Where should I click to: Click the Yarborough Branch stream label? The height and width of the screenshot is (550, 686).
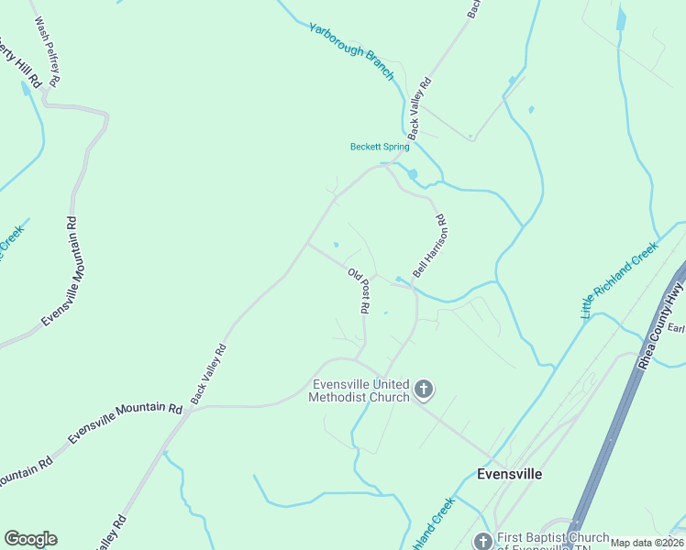pyautogui.click(x=351, y=51)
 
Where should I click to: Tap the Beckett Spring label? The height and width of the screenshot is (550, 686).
pyautogui.click(x=380, y=147)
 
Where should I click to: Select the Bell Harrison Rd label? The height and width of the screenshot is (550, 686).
pyautogui.click(x=428, y=246)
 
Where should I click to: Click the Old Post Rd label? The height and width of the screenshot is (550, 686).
pyautogui.click(x=360, y=291)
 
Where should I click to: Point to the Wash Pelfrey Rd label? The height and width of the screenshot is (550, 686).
pyautogui.click(x=47, y=51)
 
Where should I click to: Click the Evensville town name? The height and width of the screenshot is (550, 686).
pyautogui.click(x=510, y=474)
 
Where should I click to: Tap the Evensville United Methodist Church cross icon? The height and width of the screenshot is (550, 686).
pyautogui.click(x=424, y=390)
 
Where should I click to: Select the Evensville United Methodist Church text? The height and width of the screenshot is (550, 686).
pyautogui.click(x=360, y=390)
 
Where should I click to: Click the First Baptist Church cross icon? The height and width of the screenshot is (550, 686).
pyautogui.click(x=482, y=541)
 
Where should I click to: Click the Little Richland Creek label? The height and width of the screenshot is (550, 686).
pyautogui.click(x=620, y=280)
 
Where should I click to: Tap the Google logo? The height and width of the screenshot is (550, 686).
pyautogui.click(x=30, y=539)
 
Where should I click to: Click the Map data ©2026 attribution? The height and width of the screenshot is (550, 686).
pyautogui.click(x=647, y=543)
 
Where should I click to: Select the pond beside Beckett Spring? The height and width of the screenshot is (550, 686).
pyautogui.click(x=412, y=174)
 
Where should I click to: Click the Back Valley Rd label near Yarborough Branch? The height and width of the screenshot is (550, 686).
pyautogui.click(x=419, y=108)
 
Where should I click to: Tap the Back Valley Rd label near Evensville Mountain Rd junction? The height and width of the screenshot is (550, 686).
pyautogui.click(x=208, y=374)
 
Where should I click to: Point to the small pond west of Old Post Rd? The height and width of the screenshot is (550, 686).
pyautogui.click(x=336, y=245)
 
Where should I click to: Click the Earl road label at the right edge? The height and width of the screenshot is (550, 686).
pyautogui.click(x=676, y=328)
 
